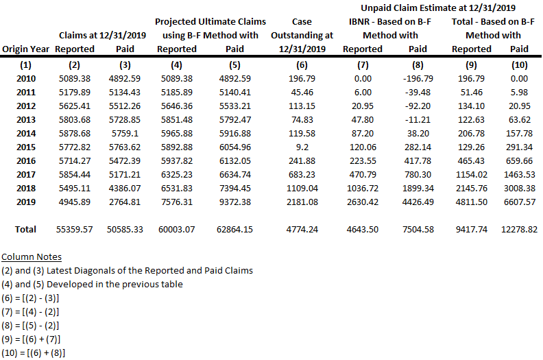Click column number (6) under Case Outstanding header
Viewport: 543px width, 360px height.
[x=302, y=65]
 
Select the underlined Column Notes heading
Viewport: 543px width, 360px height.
[x=32, y=257]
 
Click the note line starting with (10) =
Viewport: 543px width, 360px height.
[x=34, y=353]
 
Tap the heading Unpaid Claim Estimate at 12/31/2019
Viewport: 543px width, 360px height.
[x=438, y=8]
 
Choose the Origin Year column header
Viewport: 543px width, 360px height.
[x=25, y=49]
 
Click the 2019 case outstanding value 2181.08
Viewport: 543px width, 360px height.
[x=302, y=201]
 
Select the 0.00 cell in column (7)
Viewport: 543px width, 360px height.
[x=362, y=79]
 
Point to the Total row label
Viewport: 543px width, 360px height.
[x=25, y=229]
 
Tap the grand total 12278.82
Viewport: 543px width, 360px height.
[x=519, y=229]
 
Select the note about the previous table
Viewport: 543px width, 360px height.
[x=92, y=284]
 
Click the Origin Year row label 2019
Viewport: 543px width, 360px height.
[x=25, y=201]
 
